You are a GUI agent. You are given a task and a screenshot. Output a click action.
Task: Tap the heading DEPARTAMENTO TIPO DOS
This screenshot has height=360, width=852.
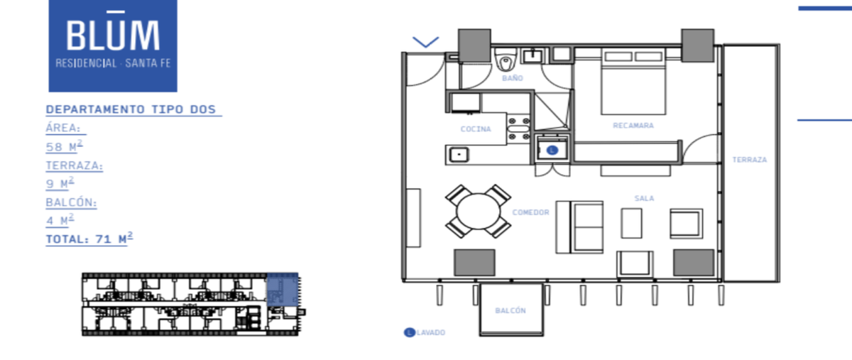tap(131, 109)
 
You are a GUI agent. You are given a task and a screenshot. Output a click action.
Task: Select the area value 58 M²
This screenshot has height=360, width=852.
tap(64, 146)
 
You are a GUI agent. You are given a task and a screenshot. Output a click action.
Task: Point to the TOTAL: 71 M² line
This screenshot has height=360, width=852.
tap(89, 239)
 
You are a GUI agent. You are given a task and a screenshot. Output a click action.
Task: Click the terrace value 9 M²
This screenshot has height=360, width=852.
tap(60, 183)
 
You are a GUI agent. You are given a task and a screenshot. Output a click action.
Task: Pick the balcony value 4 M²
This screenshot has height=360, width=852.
tap(60, 220)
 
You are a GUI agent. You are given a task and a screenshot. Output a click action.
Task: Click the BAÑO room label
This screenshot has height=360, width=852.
tap(513, 78)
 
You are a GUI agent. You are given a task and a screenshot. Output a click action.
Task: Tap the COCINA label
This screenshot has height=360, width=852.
tap(476, 129)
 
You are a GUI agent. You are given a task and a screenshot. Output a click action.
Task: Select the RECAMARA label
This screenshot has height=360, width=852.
tap(633, 125)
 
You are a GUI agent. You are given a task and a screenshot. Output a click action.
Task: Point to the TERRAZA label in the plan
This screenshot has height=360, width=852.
tap(750, 160)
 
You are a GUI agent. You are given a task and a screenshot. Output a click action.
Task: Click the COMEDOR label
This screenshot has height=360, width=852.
tap(530, 212)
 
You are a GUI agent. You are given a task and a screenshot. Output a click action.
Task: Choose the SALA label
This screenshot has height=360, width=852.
tap(645, 198)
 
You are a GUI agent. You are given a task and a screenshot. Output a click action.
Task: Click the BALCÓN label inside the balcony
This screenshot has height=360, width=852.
tap(510, 310)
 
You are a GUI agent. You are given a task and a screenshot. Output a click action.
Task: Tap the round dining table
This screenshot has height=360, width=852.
tap(478, 212)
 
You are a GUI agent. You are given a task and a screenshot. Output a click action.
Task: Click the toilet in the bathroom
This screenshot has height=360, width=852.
tap(506, 61)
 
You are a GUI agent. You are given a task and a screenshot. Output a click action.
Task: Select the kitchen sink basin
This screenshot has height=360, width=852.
tap(459, 155)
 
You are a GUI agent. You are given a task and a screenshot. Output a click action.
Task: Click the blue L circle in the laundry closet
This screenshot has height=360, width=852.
tap(552, 151)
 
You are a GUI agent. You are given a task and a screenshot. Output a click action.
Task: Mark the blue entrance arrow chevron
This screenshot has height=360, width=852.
tap(425, 42)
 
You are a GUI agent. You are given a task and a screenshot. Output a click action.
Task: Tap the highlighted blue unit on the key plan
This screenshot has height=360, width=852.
tap(283, 290)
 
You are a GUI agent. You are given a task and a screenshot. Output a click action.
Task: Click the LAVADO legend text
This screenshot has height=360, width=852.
tap(431, 332)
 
